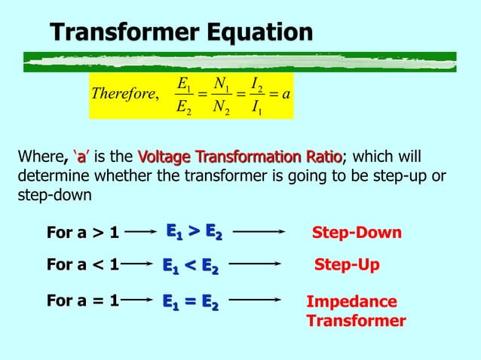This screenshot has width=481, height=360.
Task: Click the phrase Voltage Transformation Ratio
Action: tap(240, 157)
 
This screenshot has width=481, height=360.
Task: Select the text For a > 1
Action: tap(83, 233)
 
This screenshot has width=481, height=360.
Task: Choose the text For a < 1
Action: tap(83, 265)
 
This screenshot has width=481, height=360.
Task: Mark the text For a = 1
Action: tap(83, 301)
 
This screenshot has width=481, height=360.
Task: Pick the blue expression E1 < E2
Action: tap(191, 265)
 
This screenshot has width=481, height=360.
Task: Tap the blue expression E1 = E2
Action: tap(191, 302)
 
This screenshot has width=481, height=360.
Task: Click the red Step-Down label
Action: tap(357, 233)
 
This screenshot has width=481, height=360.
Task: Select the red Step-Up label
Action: tap(346, 265)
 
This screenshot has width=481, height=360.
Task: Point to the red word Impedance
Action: tap(351, 302)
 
